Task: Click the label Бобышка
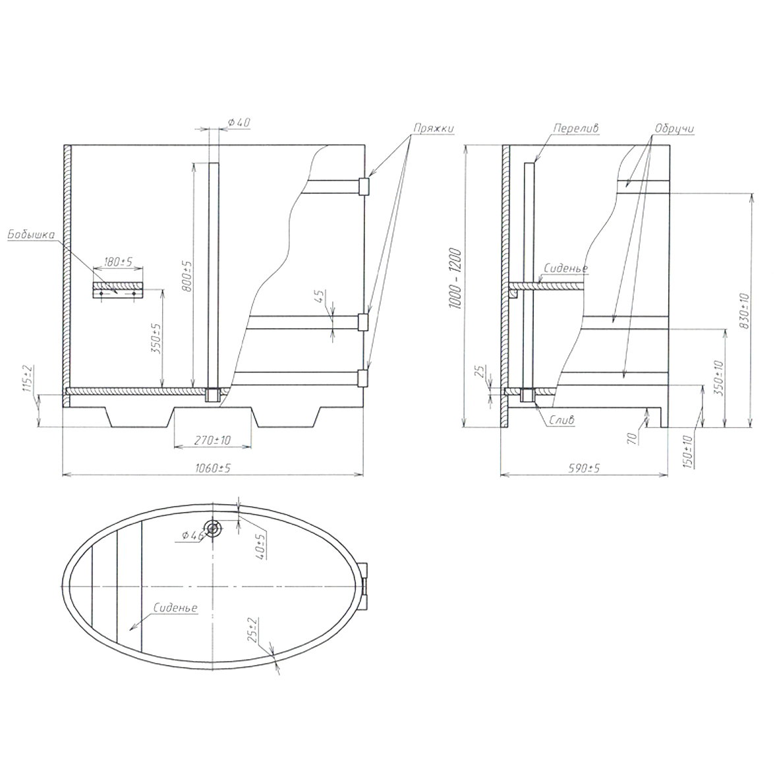point(30,235)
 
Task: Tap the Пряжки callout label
point(434,128)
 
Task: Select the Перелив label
point(576,128)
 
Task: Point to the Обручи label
point(674,128)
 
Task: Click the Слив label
point(562,420)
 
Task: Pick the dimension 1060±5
point(212,468)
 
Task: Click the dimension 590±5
point(584,468)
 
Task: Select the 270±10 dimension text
point(212,440)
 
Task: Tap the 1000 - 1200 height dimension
point(455,279)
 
